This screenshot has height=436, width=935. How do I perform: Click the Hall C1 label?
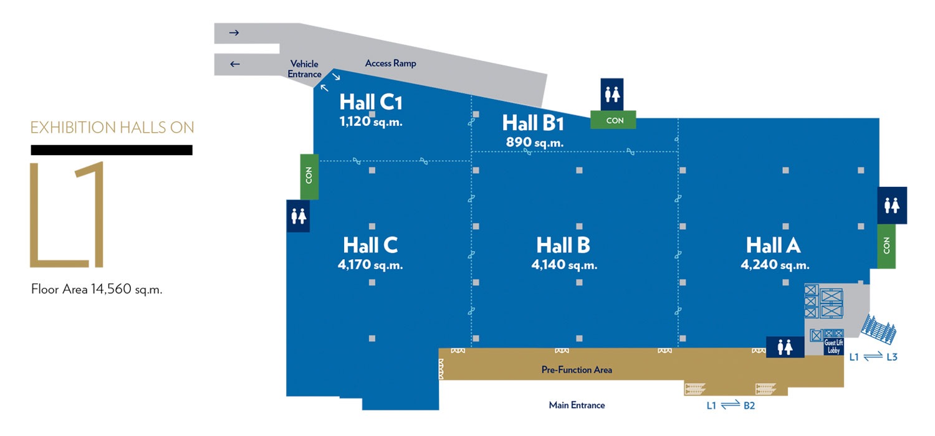(371, 102)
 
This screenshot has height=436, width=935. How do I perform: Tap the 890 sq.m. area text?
(535, 142)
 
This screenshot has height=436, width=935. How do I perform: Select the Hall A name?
(773, 245)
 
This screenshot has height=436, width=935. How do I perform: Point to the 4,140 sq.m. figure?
(564, 265)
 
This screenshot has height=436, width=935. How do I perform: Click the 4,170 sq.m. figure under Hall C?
(370, 265)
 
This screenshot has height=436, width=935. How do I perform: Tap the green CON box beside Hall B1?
(613, 120)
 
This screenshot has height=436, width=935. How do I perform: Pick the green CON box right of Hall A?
(886, 246)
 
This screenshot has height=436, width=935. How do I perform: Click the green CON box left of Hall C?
(309, 176)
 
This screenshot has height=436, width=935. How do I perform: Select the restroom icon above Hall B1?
(612, 94)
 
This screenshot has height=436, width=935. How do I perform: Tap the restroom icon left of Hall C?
(298, 216)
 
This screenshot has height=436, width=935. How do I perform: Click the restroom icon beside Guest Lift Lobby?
(785, 347)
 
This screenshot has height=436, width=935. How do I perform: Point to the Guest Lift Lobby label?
(833, 347)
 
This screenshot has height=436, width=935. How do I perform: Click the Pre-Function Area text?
(577, 369)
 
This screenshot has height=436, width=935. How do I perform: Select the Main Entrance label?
(577, 405)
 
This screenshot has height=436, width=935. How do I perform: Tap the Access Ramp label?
(390, 63)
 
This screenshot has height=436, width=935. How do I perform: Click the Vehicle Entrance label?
(304, 69)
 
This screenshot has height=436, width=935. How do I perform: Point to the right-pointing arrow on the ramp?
(234, 32)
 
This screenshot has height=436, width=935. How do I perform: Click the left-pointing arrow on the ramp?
(235, 64)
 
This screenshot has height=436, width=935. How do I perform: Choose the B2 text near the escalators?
(749, 405)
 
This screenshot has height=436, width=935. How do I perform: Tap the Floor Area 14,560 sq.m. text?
(97, 289)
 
